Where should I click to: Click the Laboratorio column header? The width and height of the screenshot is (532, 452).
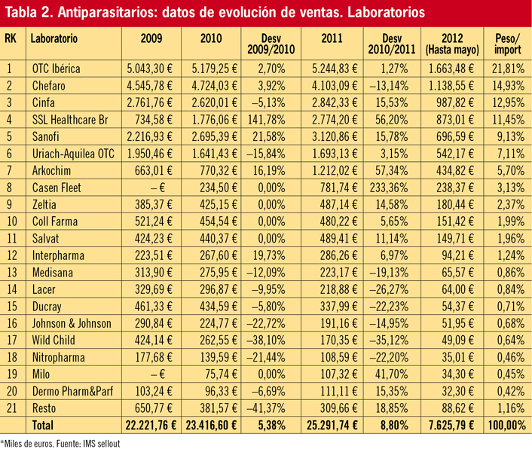(x=54, y=38)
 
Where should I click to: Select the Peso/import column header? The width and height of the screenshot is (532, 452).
(x=508, y=44)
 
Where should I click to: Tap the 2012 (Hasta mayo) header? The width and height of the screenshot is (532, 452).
(x=452, y=44)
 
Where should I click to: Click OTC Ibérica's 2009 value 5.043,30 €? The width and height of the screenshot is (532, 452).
(x=150, y=69)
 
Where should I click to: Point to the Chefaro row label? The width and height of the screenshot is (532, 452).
(x=48, y=86)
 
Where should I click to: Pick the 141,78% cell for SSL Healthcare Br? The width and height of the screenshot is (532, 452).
(x=267, y=120)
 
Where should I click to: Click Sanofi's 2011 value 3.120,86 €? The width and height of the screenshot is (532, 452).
(x=335, y=136)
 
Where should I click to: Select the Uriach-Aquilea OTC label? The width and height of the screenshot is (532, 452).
(x=73, y=154)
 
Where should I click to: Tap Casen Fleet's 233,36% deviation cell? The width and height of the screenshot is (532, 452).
(x=389, y=188)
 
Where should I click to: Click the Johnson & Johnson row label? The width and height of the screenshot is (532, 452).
(x=72, y=323)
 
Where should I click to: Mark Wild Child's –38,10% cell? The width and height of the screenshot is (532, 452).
(x=266, y=340)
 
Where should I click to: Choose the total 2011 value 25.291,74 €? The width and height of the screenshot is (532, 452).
(x=332, y=425)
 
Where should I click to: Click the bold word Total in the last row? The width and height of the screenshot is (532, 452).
(x=43, y=425)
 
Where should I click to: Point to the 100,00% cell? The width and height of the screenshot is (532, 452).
(x=507, y=425)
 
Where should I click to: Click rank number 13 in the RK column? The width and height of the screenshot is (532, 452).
(x=12, y=272)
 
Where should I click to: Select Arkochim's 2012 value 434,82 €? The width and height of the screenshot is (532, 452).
(x=455, y=170)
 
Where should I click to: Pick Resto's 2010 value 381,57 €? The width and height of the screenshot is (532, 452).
(x=219, y=408)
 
